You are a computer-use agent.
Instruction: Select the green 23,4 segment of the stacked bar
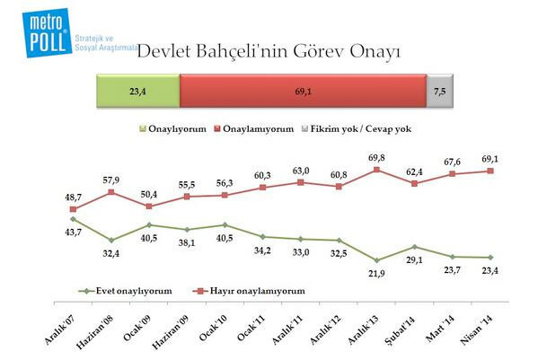pos(137,91)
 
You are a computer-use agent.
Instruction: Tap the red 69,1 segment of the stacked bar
pos(303,91)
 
